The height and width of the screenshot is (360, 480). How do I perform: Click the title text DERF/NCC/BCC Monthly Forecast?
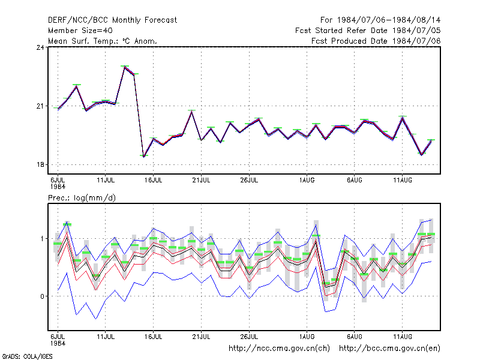coord(112,20)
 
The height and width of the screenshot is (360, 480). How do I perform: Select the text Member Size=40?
coord(80,31)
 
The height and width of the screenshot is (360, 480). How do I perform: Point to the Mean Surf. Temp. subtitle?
coord(103,41)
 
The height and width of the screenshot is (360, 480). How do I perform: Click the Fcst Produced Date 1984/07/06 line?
coord(376,41)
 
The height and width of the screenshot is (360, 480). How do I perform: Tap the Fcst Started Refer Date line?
coord(368,31)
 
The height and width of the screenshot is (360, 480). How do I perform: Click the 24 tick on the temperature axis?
coord(40,47)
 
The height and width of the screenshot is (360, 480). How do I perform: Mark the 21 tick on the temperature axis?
coord(40,106)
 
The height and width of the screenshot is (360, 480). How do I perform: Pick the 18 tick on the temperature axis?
coord(40,164)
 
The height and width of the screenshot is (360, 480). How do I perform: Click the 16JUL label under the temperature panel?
coord(154,180)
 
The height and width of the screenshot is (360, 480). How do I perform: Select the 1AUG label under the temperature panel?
coord(307,180)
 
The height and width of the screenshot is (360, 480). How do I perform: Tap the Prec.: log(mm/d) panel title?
coord(82,198)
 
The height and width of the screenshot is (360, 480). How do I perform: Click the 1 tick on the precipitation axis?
coord(42,238)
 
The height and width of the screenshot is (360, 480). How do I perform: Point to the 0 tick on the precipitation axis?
coord(42,296)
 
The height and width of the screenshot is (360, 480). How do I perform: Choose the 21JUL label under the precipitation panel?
coord(201,337)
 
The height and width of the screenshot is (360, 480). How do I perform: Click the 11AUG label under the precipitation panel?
coord(403,337)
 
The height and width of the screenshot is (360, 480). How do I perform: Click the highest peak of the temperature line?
coord(125,67)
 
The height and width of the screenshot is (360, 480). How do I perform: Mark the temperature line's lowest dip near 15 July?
coord(143,157)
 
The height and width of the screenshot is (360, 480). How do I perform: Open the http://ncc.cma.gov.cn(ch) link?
coord(280,349)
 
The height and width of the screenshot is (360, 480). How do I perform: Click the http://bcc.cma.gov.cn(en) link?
coord(389,349)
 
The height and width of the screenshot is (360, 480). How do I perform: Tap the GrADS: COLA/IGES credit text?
coord(27,356)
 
